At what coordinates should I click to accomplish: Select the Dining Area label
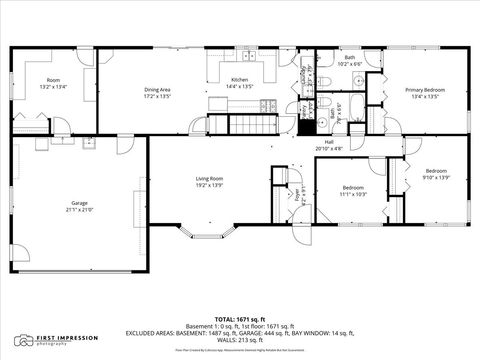coord(157,92)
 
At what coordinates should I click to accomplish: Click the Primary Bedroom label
coord(425,92)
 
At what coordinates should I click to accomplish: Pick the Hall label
coord(329,145)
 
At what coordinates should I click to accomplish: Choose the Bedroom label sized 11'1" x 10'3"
coord(353,190)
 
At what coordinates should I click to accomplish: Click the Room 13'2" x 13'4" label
coord(53,83)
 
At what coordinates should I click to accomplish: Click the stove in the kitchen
coord(218,102)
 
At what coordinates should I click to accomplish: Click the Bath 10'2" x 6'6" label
coord(350,61)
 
